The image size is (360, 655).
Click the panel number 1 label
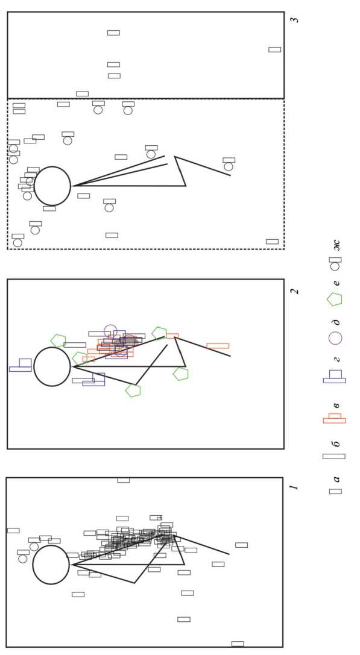click(x=294, y=487)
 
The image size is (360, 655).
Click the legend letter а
click(x=336, y=479)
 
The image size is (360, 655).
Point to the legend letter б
click(x=336, y=443)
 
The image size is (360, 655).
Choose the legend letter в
click(x=336, y=405)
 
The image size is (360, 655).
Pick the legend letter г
click(x=336, y=359)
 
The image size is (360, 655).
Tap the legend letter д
click(x=336, y=322)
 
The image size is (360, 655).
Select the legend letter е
click(x=336, y=283)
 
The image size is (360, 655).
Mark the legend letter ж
click(x=336, y=245)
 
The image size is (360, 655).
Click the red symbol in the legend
click(x=335, y=419)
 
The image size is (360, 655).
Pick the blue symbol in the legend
click(x=335, y=377)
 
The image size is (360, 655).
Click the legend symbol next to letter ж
click(x=335, y=263)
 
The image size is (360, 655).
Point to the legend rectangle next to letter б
click(x=334, y=457)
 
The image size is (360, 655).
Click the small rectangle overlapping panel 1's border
click(x=124, y=480)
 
